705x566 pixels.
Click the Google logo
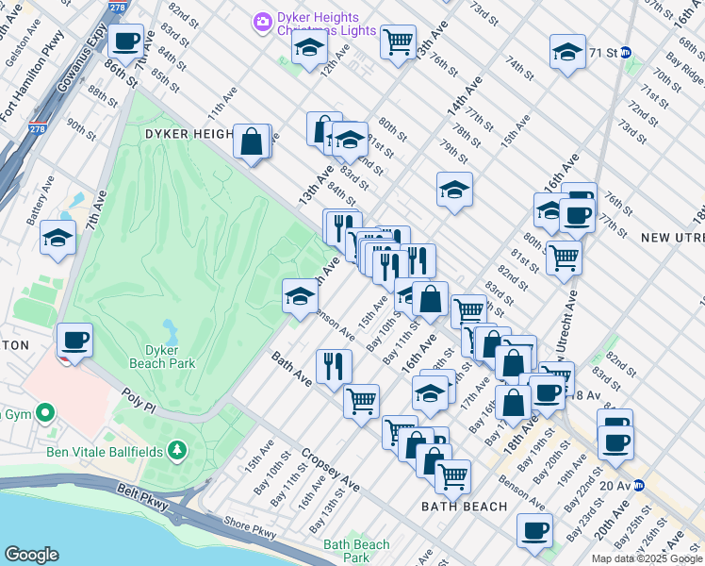pos(31,555)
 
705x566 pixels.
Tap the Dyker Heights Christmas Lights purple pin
pos(263,20)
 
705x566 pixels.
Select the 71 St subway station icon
pos(638,53)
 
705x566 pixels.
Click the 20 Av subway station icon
pos(638,486)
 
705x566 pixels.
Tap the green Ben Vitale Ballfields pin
pos(175,451)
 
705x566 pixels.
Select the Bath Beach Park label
pos(355,550)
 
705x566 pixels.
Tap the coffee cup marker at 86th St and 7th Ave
pos(126,42)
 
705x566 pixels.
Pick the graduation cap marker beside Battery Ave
pos(58,239)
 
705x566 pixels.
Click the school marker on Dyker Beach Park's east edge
pos(300,297)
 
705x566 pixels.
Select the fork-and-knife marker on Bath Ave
pos(334,366)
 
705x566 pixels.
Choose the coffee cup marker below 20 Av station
pos(535,532)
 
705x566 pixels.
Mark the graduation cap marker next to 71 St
pos(568,54)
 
